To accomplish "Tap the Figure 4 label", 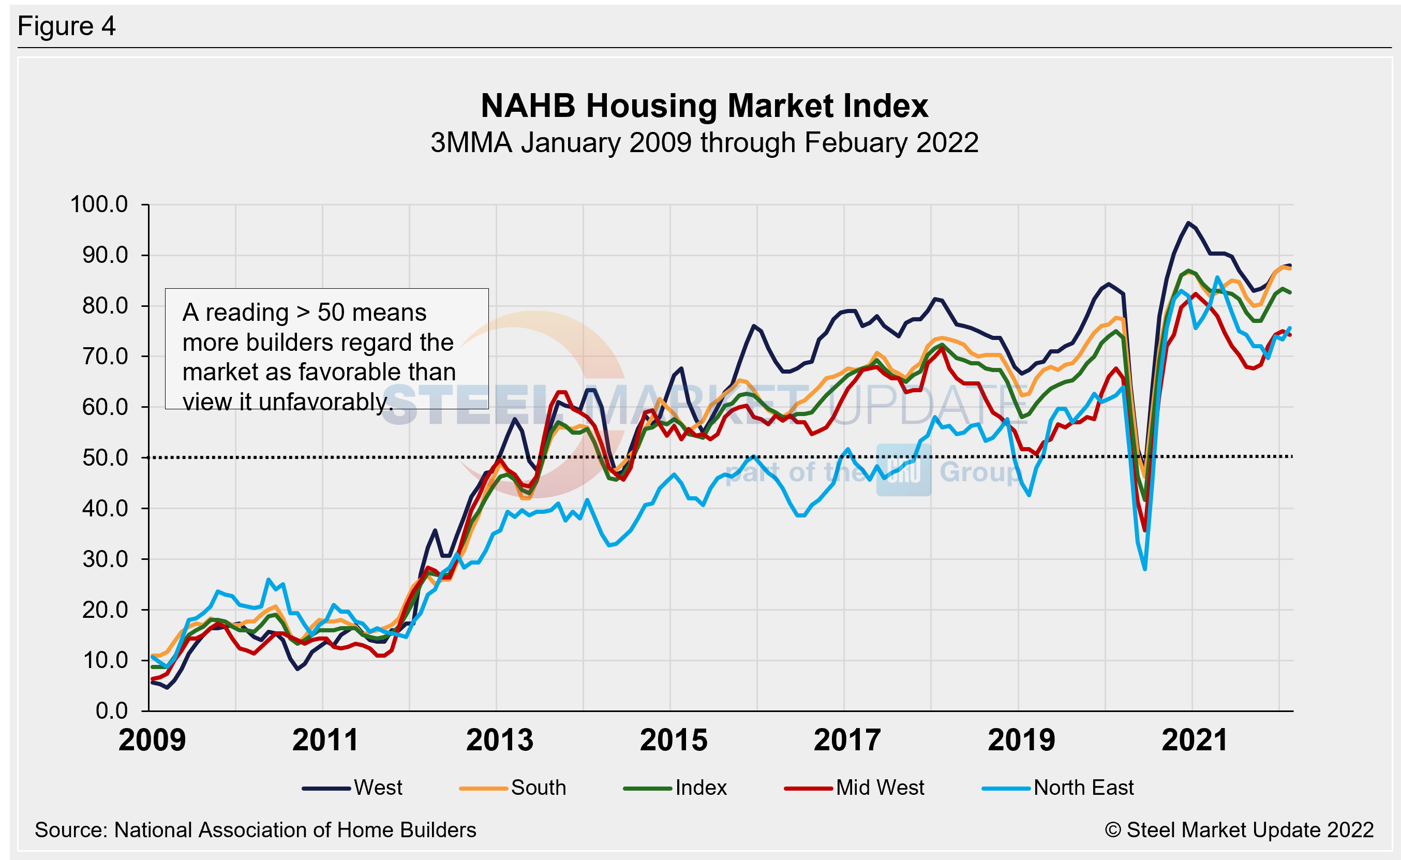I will (x=67, y=26).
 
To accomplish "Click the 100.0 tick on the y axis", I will (x=99, y=204).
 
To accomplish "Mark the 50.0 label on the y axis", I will (x=105, y=458).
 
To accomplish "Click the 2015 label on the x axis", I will (x=673, y=740).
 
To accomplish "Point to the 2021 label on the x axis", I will (x=1195, y=740).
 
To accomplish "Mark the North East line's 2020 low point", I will (x=1144, y=569).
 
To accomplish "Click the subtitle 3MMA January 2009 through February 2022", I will (x=704, y=143).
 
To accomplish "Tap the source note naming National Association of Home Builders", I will (x=255, y=830).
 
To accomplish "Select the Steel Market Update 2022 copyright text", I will (x=1239, y=830).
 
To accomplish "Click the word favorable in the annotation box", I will (x=363, y=372).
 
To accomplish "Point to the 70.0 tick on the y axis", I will (x=105, y=357).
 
